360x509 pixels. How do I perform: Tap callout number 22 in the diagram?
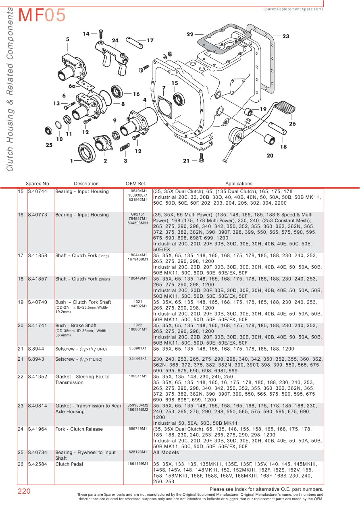click(190, 35)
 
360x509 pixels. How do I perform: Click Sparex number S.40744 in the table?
click(37, 191)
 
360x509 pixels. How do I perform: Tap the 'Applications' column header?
click(239, 184)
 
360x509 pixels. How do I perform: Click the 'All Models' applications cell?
click(166, 453)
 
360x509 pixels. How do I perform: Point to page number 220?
click(24, 491)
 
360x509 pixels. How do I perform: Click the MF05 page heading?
click(42, 16)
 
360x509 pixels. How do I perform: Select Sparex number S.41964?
click(37, 429)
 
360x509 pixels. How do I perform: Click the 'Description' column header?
click(86, 184)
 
